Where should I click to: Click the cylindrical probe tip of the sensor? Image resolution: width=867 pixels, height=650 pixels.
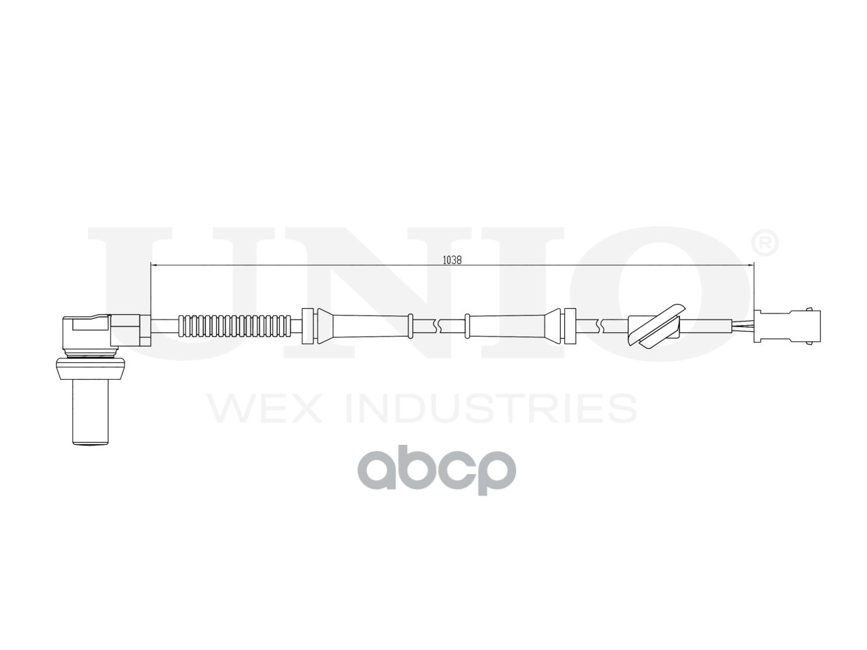pyautogui.click(x=90, y=413)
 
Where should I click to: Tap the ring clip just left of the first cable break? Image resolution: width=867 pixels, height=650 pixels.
pyautogui.click(x=410, y=325)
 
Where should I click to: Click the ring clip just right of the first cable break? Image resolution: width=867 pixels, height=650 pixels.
pyautogui.click(x=467, y=325)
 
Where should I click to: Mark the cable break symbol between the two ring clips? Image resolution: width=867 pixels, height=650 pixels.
pyautogui.click(x=440, y=326)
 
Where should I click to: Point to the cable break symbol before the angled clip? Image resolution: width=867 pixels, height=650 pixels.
pyautogui.click(x=599, y=326)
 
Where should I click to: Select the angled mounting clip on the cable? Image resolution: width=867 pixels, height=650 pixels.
pyautogui.click(x=656, y=325)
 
